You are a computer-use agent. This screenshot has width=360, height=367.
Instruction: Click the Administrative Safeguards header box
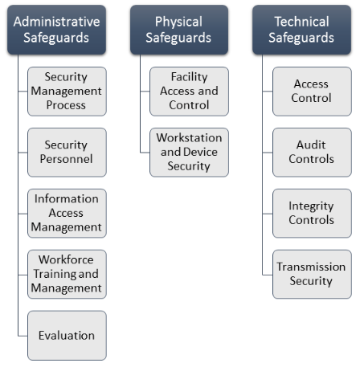[x=56, y=30]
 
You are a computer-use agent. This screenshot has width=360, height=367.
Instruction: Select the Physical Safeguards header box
[x=179, y=30]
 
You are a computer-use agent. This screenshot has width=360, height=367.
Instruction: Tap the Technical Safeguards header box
[x=301, y=30]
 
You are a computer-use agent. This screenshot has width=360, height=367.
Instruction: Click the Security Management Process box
[x=67, y=92]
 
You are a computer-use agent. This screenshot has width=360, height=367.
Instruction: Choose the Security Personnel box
[x=67, y=153]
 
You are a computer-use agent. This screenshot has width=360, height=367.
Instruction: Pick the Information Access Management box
[x=67, y=214]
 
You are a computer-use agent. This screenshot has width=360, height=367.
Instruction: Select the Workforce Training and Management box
[x=67, y=274]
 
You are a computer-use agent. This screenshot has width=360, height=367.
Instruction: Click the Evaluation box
[x=67, y=336]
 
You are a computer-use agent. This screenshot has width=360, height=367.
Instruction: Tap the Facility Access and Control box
[x=189, y=92]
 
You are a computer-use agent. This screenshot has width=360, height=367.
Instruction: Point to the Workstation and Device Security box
[x=189, y=153]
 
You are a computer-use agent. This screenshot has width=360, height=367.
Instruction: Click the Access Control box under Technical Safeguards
[x=312, y=92]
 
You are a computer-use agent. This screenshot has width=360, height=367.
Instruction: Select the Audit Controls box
[x=312, y=153]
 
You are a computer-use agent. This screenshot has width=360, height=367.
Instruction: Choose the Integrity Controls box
[x=312, y=214]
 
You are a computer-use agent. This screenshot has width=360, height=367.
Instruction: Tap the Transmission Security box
[x=312, y=274]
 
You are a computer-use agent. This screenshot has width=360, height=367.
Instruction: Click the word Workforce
[x=66, y=259]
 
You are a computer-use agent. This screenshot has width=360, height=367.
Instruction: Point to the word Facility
[x=189, y=77]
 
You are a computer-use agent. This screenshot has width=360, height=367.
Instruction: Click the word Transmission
[x=311, y=267]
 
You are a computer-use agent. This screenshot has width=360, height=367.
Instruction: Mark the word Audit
[x=311, y=145]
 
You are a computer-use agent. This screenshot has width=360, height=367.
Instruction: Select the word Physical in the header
[x=178, y=22]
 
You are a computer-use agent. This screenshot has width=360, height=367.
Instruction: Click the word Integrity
[x=311, y=206]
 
